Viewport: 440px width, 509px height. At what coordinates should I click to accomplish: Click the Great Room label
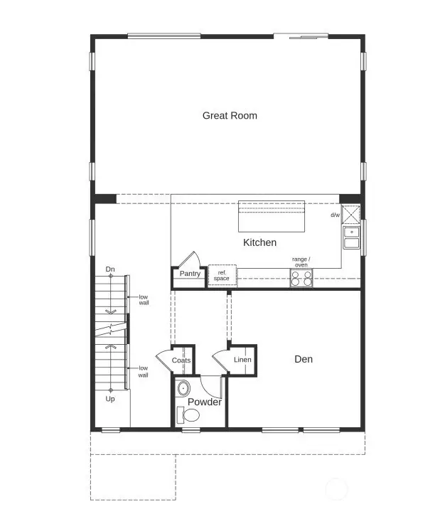tap(230, 115)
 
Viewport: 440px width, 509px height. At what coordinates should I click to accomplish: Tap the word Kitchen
tap(259, 242)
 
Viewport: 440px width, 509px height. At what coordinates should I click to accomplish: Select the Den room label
tap(304, 359)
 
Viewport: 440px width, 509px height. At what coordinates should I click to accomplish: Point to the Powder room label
tap(205, 402)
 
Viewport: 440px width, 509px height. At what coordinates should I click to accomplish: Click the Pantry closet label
tap(190, 274)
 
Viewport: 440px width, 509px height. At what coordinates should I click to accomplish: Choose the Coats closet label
tap(181, 360)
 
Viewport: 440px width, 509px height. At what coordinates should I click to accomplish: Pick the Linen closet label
tap(242, 360)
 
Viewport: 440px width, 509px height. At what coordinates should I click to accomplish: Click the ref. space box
tap(222, 275)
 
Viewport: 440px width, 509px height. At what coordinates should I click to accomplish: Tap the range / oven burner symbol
tap(301, 277)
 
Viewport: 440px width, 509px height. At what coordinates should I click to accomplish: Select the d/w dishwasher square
tap(351, 214)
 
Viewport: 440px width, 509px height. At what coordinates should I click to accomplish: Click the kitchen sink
tap(351, 237)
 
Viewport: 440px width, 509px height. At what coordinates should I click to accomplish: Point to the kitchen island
tap(271, 215)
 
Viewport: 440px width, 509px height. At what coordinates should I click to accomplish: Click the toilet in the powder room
tap(191, 414)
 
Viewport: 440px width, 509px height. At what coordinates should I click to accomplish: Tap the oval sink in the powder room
tap(183, 389)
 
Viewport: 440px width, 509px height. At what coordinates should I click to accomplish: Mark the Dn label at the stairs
tap(110, 269)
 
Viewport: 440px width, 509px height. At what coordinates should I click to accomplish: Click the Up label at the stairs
tap(110, 400)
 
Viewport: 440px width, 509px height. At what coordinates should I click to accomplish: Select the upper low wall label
tap(144, 299)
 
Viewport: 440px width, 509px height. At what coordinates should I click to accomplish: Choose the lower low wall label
tap(144, 371)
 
